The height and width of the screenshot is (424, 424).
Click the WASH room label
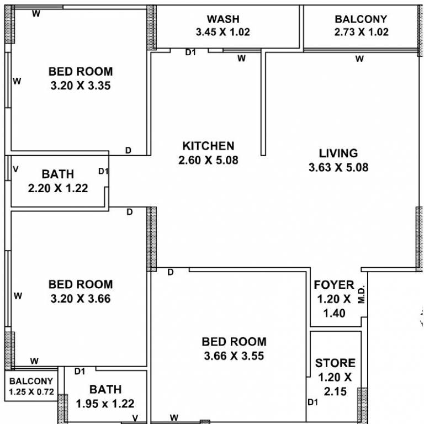coord(222,19)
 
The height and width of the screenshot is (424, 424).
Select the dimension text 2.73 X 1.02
coord(361,32)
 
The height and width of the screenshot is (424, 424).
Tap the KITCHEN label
coord(208,146)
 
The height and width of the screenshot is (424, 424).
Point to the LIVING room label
coord(338,153)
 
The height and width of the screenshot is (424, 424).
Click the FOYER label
coord(333,285)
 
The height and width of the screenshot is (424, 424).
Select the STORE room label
coord(335,363)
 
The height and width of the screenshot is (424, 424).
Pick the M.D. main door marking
coord(362,294)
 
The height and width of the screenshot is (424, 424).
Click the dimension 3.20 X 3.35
coord(81,86)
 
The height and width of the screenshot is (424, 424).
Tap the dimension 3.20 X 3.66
coord(81,299)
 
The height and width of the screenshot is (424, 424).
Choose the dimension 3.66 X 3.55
coord(234,356)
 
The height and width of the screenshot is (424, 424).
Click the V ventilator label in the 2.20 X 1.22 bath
coord(15,168)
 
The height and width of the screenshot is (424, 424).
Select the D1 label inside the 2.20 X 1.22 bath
coord(103,172)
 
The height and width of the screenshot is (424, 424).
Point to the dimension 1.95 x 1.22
coord(105,404)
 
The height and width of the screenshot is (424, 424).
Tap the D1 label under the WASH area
coord(190,53)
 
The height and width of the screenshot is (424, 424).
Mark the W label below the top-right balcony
coord(359,59)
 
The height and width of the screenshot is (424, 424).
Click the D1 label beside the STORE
coord(313,402)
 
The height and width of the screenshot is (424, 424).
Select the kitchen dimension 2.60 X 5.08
coord(208,161)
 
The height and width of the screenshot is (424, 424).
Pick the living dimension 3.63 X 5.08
coord(338,167)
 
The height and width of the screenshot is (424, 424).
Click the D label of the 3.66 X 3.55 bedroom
coord(171,272)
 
